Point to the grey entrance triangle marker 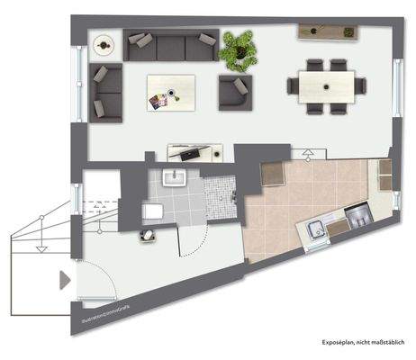[x=65, y=281]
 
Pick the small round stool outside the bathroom [x=145, y=237]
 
